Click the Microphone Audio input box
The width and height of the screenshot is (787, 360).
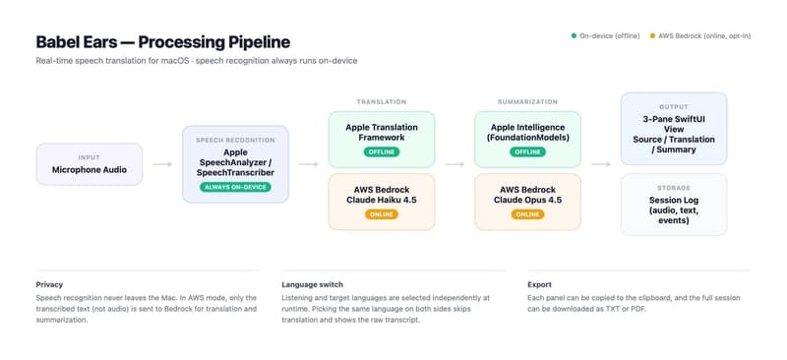[90, 164]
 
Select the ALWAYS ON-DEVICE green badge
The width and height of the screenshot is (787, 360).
[235, 187]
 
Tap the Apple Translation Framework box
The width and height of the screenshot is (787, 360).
[382, 140]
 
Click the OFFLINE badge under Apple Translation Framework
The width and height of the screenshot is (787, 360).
[382, 151]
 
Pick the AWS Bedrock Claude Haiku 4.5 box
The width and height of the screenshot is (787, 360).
[382, 202]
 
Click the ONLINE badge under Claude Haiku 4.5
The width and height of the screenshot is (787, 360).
[382, 214]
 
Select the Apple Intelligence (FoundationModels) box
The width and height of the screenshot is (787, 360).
[527, 140]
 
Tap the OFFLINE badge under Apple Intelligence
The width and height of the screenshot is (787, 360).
[527, 151]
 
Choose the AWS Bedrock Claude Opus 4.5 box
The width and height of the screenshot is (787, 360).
[527, 202]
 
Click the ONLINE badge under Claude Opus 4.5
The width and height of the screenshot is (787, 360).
[527, 214]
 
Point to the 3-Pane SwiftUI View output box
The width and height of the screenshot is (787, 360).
[674, 129]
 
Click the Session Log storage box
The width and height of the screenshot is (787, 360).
[674, 205]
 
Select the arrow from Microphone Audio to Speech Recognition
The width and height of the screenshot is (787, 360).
[162, 164]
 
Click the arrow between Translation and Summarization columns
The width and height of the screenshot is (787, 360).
[454, 164]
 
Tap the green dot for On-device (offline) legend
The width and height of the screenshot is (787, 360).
[574, 36]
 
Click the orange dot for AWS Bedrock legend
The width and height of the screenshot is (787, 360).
[652, 36]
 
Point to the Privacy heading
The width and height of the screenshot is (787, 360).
[49, 284]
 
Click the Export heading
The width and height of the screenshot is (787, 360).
[539, 284]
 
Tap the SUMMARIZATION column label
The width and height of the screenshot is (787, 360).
[527, 102]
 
